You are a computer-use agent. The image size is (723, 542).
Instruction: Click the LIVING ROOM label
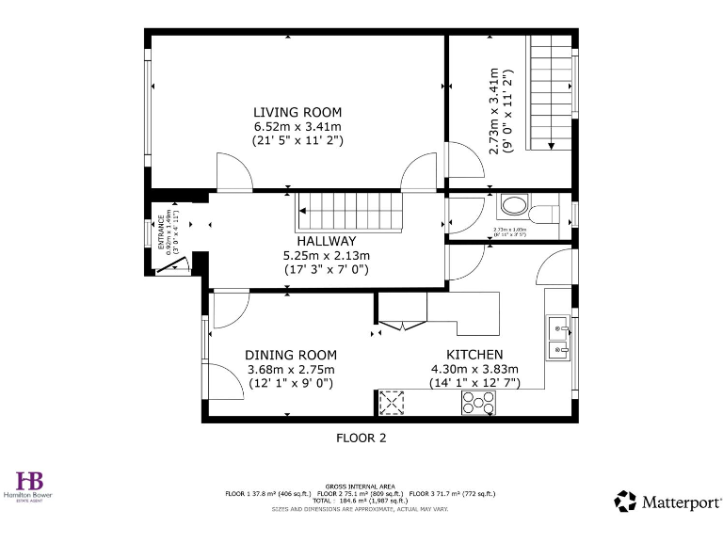(x=297, y=112)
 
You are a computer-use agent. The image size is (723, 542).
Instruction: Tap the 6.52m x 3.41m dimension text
(x=297, y=126)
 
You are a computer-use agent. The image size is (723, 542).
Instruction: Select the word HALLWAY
(x=326, y=241)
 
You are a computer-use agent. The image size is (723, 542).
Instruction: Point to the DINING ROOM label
(x=290, y=354)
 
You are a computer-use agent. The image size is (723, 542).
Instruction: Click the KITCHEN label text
(x=460, y=354)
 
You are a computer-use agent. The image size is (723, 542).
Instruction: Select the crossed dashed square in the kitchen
(x=391, y=403)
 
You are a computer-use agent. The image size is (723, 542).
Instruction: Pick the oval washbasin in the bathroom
(x=513, y=206)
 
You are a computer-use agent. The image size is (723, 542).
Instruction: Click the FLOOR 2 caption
(x=361, y=438)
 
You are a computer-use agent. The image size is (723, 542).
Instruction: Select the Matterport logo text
(x=680, y=501)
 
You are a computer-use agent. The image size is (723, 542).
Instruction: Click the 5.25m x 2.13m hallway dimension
(x=326, y=255)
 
